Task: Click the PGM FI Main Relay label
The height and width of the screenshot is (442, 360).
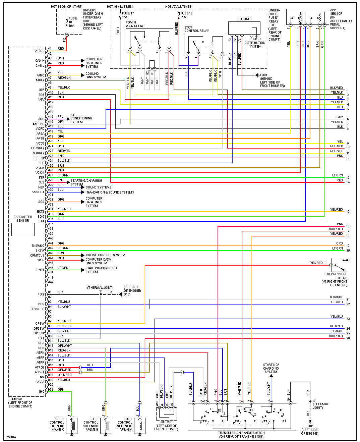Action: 134,24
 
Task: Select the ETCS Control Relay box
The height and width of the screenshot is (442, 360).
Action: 205,44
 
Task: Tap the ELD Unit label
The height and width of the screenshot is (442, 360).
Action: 244,19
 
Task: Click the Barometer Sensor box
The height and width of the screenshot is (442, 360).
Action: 23,229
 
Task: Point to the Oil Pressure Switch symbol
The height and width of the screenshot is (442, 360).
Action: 339,265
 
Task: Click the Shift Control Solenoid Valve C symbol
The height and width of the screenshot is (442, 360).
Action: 72,426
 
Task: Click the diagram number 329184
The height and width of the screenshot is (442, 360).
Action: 10,437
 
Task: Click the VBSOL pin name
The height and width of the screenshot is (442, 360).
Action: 39,51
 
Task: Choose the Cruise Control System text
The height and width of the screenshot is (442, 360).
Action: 105,255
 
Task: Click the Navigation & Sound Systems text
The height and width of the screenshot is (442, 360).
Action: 110,192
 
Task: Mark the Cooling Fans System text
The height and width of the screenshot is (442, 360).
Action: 96,75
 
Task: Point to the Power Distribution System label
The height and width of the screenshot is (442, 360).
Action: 255,43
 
